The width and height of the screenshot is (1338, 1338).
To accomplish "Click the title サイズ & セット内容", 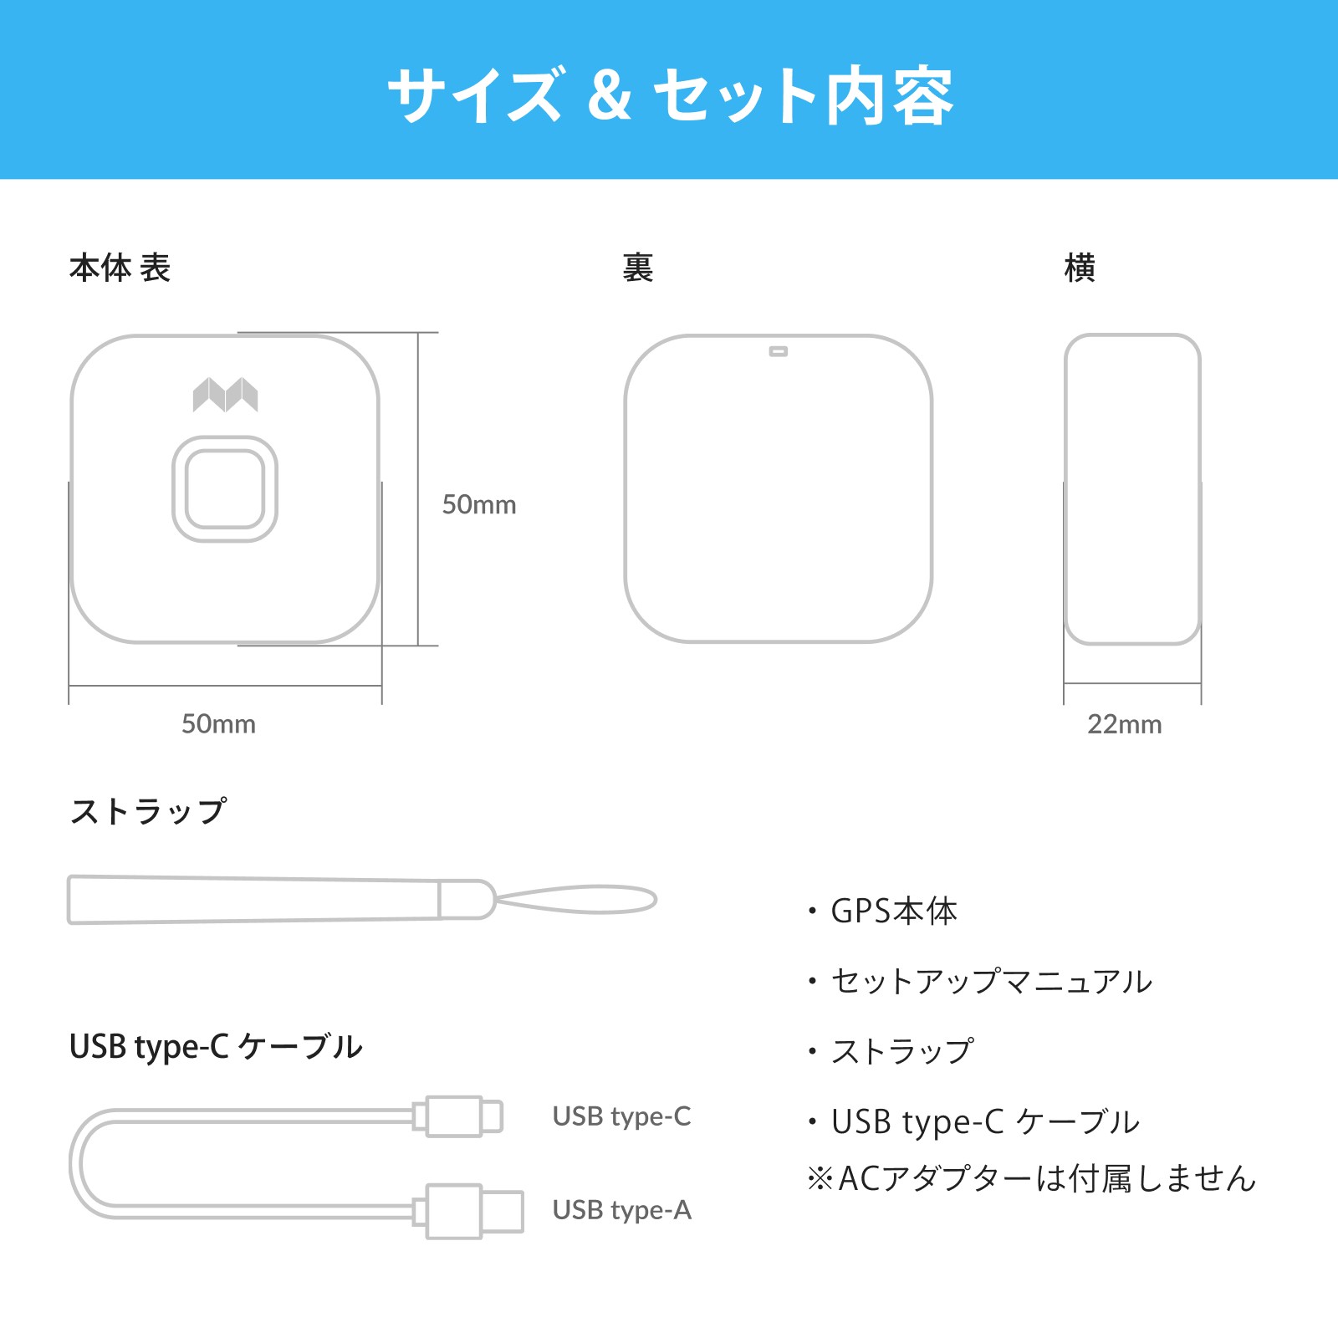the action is pos(670,95).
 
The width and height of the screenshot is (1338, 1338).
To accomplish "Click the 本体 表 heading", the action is pos(120,268).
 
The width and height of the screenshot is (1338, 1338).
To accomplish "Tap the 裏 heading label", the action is pos(637,268).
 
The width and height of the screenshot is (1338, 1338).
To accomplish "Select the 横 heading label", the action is pos(1080,268).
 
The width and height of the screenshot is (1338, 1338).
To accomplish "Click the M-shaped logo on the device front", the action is pos(225,395).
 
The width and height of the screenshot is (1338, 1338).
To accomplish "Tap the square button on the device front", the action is pos(225,489).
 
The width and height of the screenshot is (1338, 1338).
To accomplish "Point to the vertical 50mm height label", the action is pos(479,504).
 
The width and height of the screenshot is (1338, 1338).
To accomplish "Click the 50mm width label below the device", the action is pos(218,723).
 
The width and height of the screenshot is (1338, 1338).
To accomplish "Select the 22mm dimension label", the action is pos(1125,723).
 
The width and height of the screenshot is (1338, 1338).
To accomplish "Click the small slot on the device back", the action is pos(779,352).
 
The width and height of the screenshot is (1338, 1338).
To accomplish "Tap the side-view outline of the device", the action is pos(1065,489).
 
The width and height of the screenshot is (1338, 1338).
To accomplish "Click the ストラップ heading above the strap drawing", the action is pos(148,811).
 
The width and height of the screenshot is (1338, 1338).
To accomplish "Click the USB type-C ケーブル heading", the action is pos(216,1046).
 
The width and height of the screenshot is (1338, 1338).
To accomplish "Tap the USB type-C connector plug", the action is pos(458,1116).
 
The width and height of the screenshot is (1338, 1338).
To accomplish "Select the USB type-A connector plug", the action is pos(468,1211).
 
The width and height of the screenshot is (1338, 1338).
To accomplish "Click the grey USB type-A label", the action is pos(622,1210).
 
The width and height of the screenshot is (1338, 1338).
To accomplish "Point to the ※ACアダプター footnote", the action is pos(1031,1178).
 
